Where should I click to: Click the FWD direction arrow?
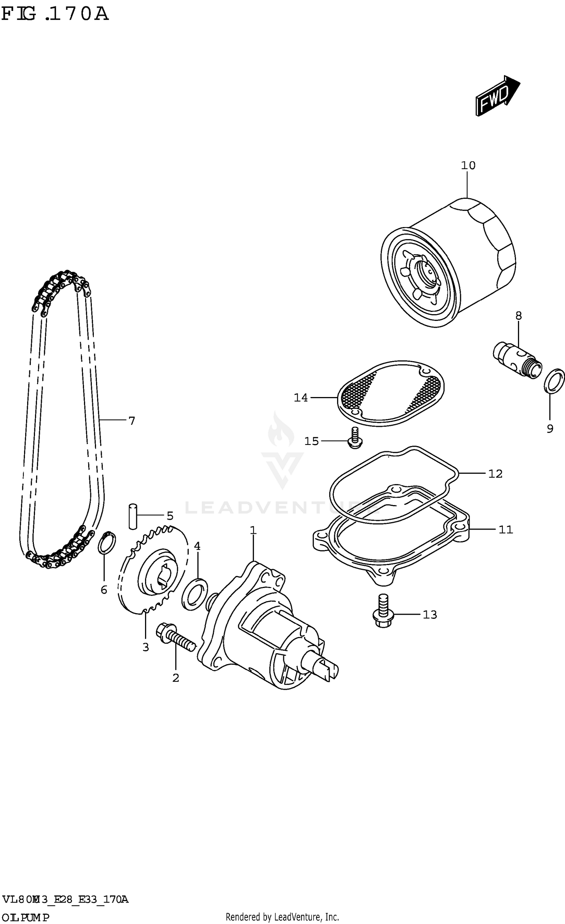[x=497, y=96]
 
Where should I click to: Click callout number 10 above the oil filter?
[x=468, y=165]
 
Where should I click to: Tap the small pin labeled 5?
[x=133, y=516]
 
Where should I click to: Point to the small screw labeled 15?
[x=354, y=438]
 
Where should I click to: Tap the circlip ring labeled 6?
[x=107, y=543]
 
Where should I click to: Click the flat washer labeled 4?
[x=195, y=594]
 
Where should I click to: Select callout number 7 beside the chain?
[x=131, y=421]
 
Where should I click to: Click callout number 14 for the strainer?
[x=301, y=398]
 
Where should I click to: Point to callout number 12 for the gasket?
[x=495, y=474]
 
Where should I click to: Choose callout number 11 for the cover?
[x=506, y=530]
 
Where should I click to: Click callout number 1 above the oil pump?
[x=253, y=530]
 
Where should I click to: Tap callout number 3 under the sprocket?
[x=146, y=647]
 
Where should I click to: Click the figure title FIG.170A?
[x=55, y=14]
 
